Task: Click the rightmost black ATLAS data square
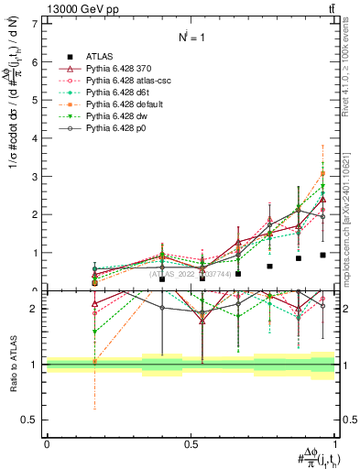coord(322,255)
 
